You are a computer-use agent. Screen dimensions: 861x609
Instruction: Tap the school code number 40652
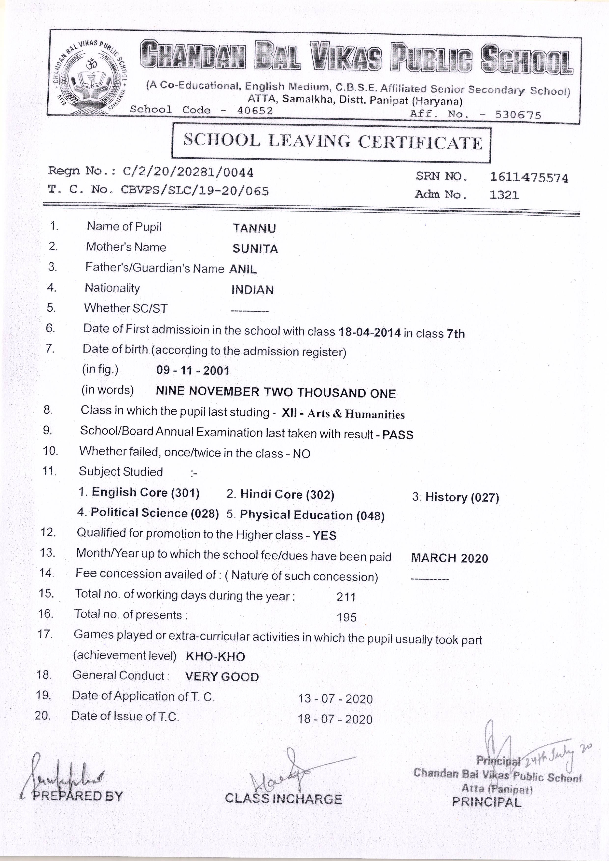[255, 111]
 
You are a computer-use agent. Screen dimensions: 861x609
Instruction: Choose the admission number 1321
[504, 195]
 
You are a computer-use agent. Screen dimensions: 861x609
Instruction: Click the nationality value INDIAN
[252, 290]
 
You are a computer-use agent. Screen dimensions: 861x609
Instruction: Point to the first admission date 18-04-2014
[370, 332]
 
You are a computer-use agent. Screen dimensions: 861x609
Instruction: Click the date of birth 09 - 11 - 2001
[193, 371]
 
